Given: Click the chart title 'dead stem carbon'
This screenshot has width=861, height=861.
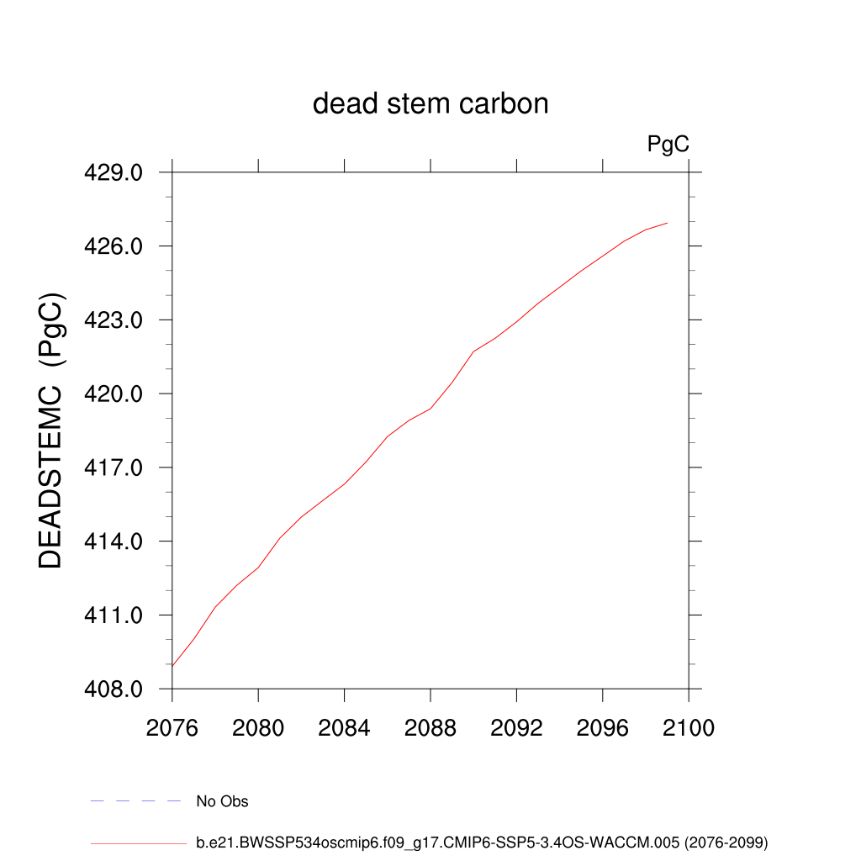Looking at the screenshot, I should point(430,103).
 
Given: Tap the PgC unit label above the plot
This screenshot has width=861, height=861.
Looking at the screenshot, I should point(668,145).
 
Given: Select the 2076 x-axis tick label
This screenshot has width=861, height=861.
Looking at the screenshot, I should point(172,727).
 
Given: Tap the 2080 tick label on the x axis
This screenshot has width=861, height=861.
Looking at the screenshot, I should point(258,727).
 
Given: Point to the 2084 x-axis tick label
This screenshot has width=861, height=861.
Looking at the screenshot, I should point(344,727).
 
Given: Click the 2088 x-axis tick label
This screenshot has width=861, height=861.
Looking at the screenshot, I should point(430,727).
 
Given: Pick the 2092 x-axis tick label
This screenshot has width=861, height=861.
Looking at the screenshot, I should point(516,727).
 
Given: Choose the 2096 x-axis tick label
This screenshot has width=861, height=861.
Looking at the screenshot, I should point(603,727).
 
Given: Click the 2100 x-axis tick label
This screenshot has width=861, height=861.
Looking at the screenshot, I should point(689,727).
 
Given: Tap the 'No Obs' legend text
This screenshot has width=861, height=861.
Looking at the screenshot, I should point(222,801).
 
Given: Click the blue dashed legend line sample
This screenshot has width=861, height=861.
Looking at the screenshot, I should point(136,801).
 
